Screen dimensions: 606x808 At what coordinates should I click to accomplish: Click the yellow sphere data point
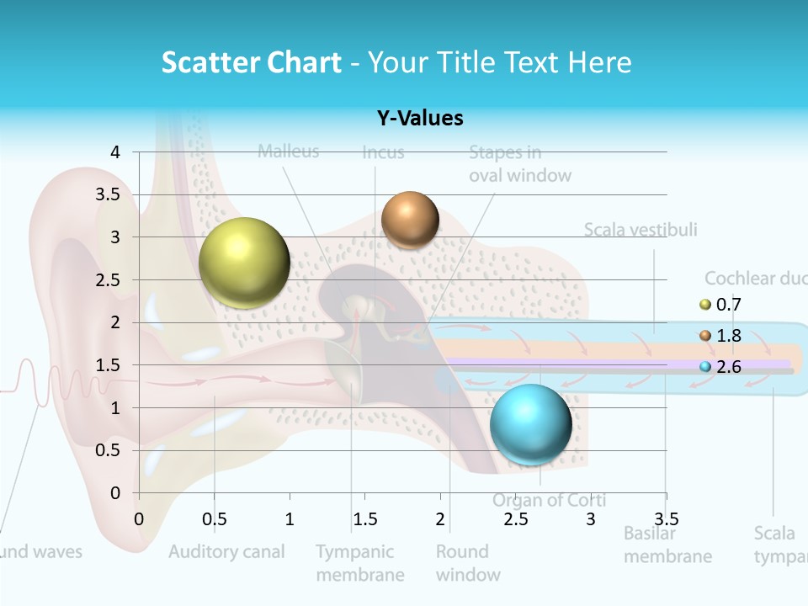(x=244, y=263)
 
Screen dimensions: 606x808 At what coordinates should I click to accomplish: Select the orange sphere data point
(x=410, y=220)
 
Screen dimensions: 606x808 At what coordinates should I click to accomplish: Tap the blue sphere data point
(x=530, y=424)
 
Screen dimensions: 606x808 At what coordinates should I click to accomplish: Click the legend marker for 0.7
(x=705, y=305)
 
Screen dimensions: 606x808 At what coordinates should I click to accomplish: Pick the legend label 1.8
(x=728, y=336)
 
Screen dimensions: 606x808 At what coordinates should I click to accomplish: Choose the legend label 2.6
(x=728, y=367)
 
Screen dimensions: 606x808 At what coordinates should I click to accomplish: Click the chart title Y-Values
(x=419, y=119)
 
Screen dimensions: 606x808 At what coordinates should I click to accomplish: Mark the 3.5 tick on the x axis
(x=666, y=518)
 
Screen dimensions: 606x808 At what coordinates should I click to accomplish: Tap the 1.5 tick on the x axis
(x=364, y=518)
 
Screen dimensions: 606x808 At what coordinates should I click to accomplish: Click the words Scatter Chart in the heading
(x=251, y=62)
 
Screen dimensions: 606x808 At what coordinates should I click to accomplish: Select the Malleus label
(x=288, y=151)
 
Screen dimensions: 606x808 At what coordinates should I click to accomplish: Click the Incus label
(x=383, y=152)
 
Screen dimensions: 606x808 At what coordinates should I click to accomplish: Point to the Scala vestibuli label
(x=641, y=230)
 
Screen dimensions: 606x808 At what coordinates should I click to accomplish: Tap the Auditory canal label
(x=226, y=552)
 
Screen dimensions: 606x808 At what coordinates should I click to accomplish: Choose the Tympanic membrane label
(x=360, y=563)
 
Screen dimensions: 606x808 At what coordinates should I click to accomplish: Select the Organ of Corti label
(x=549, y=501)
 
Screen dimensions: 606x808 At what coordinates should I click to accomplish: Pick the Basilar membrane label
(x=667, y=545)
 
